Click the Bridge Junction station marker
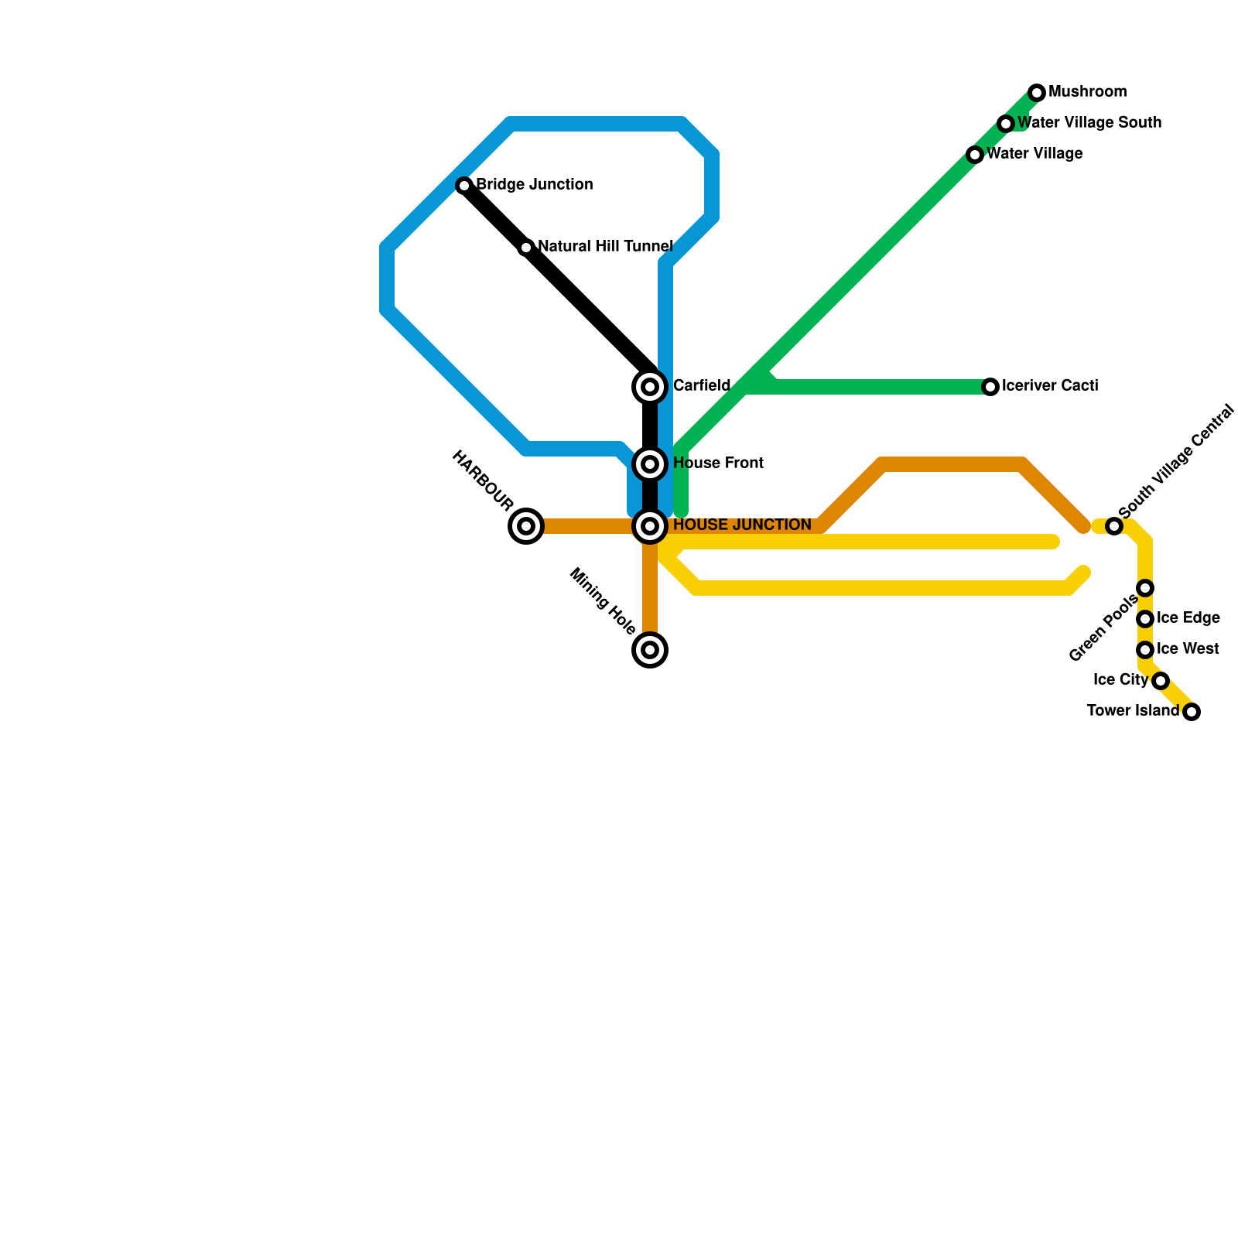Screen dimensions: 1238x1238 (464, 186)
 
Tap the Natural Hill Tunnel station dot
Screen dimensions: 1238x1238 (526, 248)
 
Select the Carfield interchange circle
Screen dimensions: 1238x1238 (650, 386)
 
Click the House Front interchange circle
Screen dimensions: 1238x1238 (650, 464)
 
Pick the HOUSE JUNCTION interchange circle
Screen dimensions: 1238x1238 (650, 526)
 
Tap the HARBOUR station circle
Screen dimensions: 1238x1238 (526, 526)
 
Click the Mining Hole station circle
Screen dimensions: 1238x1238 (650, 650)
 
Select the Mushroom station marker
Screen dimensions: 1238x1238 (1037, 93)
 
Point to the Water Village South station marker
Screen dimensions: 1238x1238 (1006, 124)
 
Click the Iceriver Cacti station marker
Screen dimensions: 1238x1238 (990, 387)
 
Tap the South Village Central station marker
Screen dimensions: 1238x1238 (1114, 526)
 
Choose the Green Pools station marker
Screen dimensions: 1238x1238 (1145, 588)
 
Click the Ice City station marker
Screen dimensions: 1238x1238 (1161, 681)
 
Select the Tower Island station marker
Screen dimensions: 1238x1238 (1192, 712)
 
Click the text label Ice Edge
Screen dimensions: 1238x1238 (1188, 618)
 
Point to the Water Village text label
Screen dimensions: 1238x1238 (1035, 154)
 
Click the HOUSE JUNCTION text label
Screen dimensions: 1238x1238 (742, 525)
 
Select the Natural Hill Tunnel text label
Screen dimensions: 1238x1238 (605, 247)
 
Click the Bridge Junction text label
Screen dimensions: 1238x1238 (535, 185)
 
